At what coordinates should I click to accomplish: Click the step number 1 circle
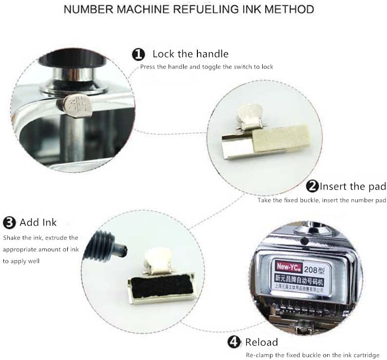pos(139,54)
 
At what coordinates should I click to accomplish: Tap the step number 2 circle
pos(312,186)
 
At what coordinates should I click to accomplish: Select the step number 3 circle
pos(9,223)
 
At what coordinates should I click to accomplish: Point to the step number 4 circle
pos(234,342)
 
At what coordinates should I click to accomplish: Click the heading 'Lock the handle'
pos(190,54)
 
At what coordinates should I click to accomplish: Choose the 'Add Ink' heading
pos(38,223)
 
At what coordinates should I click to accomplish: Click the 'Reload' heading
pos(261,342)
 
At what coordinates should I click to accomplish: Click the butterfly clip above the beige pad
pos(249,117)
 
